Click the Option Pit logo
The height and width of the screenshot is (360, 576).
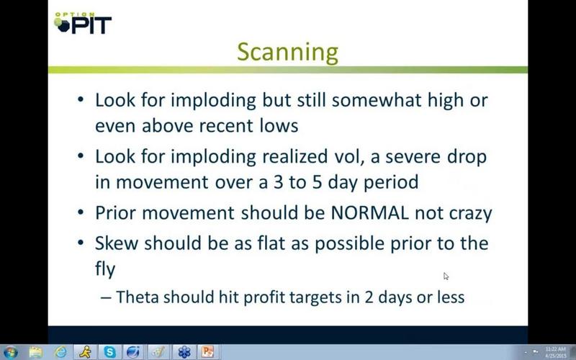[83, 23]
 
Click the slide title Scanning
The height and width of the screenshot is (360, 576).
[287, 53]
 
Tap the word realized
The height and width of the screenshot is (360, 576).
[294, 156]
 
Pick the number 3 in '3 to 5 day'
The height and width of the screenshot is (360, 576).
[278, 182]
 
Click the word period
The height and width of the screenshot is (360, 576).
[391, 183]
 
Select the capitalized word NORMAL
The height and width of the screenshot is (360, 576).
[369, 213]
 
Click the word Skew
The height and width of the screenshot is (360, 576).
[117, 243]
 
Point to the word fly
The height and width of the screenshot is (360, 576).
[105, 269]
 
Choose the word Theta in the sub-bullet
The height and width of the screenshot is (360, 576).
[138, 297]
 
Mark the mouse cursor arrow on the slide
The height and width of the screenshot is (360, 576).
[446, 276]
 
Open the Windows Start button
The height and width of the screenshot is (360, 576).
[9, 353]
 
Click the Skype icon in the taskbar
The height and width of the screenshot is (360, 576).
[110, 352]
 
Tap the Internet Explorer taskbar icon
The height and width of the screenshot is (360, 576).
[60, 352]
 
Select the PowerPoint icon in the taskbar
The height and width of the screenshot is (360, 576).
[207, 352]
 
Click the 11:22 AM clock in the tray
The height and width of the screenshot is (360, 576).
[555, 349]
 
